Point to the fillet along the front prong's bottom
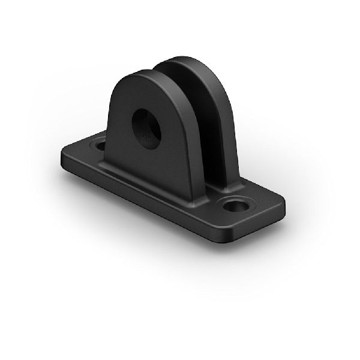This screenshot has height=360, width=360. point(150,180)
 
